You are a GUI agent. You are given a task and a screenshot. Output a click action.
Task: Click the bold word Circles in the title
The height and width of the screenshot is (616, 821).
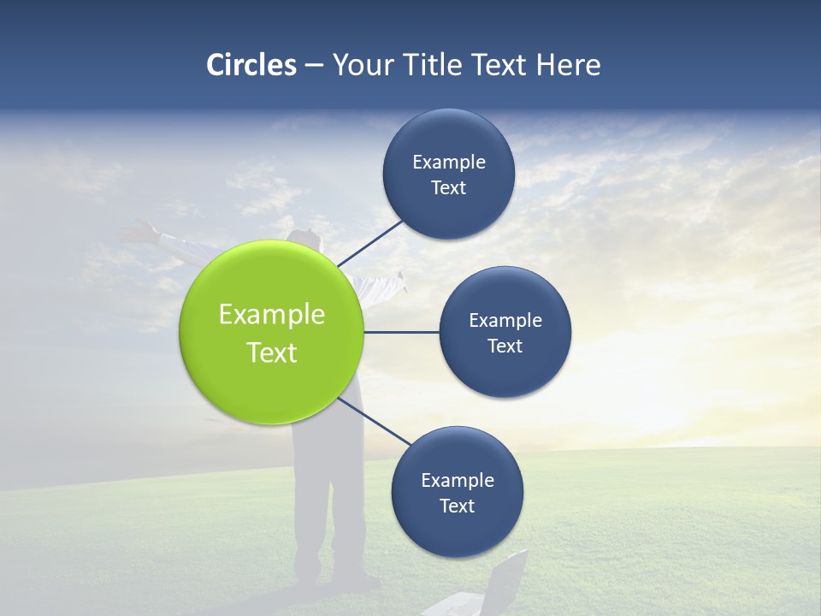point(251,65)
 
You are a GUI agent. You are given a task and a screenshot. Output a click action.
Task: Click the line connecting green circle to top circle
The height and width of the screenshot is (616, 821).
point(370,243)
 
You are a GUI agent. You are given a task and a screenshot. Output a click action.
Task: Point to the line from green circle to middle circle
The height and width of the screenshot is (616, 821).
point(402,332)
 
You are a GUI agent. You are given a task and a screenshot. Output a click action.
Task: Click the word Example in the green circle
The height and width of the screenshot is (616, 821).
point(272,315)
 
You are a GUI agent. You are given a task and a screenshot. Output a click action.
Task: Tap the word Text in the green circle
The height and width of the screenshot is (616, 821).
point(272,352)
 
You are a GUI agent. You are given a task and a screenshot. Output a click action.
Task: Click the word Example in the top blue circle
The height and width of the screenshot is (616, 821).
point(449,163)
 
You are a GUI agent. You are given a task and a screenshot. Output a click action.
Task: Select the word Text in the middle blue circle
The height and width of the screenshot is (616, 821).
point(505,346)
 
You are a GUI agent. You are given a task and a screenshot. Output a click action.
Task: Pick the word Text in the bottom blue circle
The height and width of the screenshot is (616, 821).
point(457,506)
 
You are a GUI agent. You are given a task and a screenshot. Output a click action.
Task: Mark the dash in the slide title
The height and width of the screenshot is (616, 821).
point(313,66)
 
